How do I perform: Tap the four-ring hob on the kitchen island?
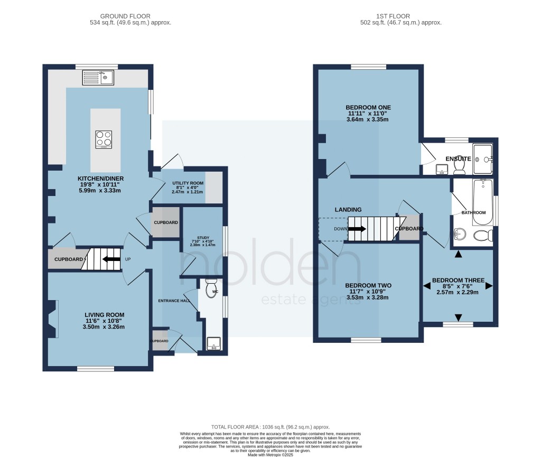point(104,139)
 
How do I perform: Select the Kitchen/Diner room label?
point(101,179)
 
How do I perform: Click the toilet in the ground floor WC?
point(211,288)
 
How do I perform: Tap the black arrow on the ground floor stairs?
point(110,259)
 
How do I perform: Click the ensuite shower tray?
point(483,158)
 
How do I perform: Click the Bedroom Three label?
point(458,280)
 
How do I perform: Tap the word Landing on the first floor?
point(348,210)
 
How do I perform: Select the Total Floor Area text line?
point(270,426)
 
